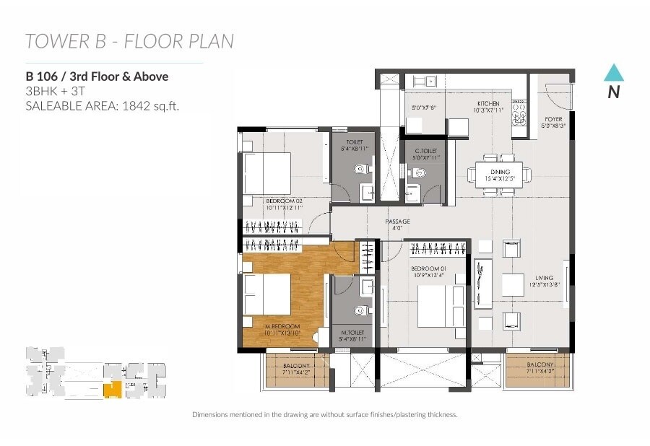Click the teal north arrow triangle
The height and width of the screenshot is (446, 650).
[613, 73]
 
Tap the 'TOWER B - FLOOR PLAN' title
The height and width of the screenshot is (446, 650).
[129, 41]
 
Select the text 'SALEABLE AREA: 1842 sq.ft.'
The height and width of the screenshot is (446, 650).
[102, 106]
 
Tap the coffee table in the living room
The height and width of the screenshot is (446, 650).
[513, 285]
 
